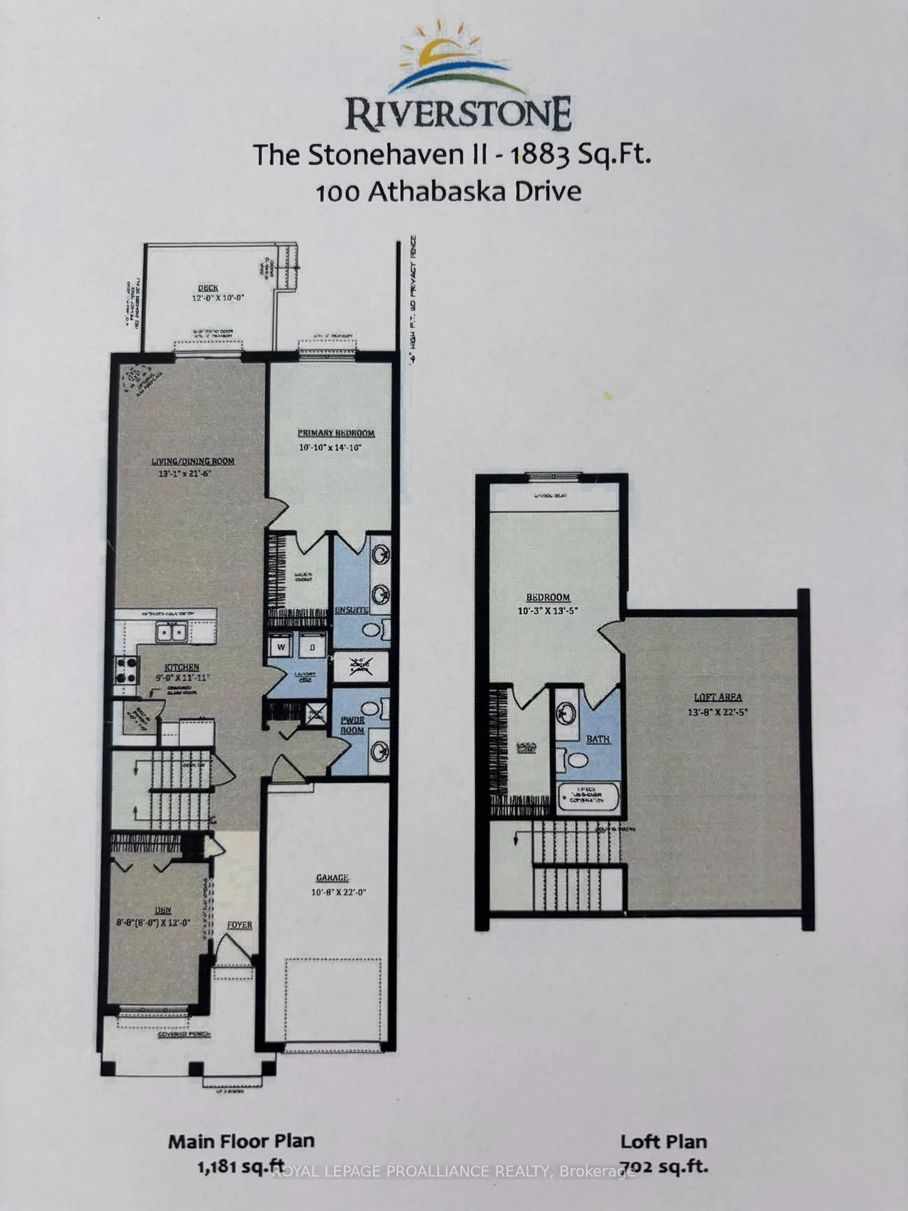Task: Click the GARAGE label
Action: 332,878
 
